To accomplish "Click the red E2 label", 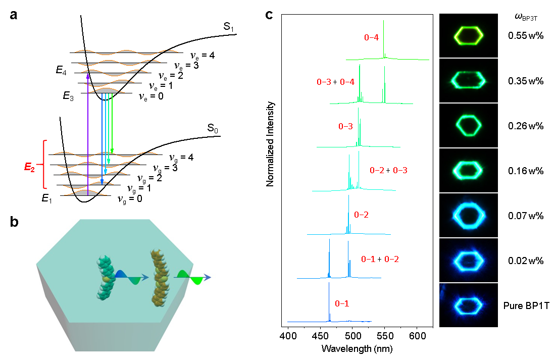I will coord(30,167).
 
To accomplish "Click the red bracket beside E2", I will coord(44,165).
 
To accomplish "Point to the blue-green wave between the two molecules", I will coord(131,277).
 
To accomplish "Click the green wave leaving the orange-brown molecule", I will coord(191,277).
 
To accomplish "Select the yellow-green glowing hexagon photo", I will coord(469,35).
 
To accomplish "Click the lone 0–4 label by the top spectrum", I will coord(371,37).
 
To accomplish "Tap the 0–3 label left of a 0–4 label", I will coord(324,82).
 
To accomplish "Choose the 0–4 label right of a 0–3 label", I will coord(347,82).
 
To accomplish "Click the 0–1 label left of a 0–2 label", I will coord(368,260).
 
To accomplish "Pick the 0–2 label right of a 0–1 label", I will coord(391,260).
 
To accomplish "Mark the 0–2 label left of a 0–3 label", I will coord(377,171).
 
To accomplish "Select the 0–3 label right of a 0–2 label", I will coord(400,171).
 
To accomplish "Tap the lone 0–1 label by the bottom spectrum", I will coord(342,304).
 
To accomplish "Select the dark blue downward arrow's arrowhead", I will coord(102,181).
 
